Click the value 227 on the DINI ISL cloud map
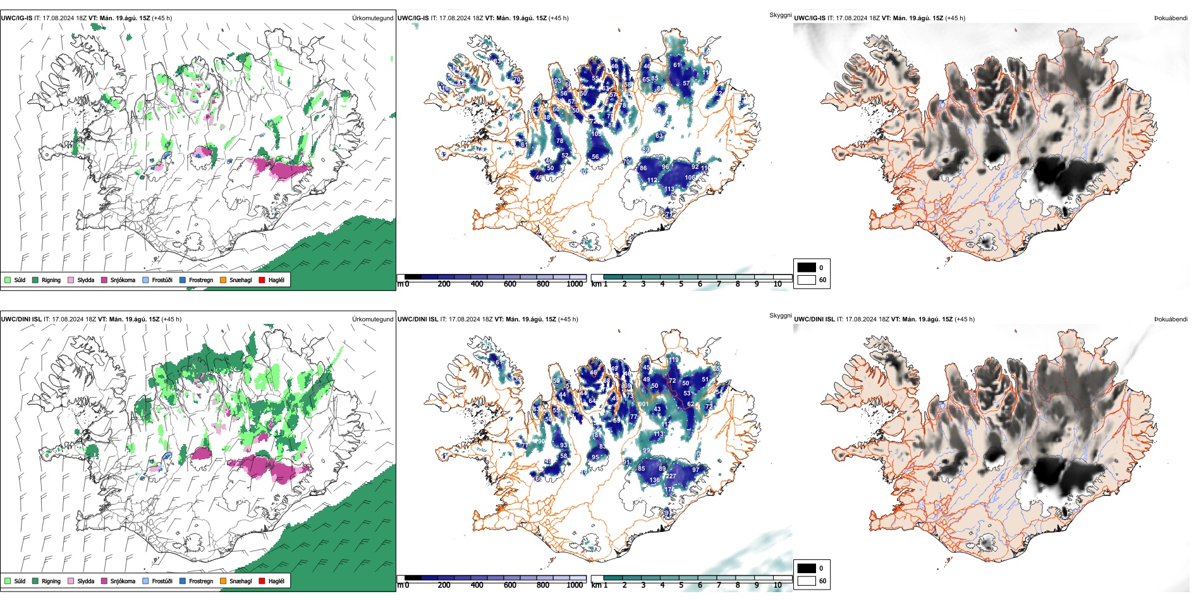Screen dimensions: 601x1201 pyautogui.click(x=671, y=476)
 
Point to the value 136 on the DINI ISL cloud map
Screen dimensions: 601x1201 pyautogui.click(x=654, y=480)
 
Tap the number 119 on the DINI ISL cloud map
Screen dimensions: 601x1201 pyautogui.click(x=674, y=360)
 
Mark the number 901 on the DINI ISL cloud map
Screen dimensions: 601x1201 pyautogui.click(x=643, y=404)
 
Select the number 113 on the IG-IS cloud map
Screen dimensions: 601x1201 pyautogui.click(x=669, y=189)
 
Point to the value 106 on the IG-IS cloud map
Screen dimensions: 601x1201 pyautogui.click(x=690, y=178)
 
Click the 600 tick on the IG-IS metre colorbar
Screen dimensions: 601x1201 pyautogui.click(x=510, y=284)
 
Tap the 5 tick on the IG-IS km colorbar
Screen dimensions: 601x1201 pyautogui.click(x=681, y=284)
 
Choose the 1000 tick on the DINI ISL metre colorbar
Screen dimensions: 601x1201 pyautogui.click(x=575, y=585)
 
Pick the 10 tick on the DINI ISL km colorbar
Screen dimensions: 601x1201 pyautogui.click(x=777, y=585)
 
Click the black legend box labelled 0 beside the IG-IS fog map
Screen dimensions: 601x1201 pyautogui.click(x=807, y=267)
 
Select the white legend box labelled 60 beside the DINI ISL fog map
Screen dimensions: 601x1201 pyautogui.click(x=807, y=580)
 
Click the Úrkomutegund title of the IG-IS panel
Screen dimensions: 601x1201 pyautogui.click(x=372, y=18)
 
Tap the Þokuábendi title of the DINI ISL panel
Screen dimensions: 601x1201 pyautogui.click(x=1171, y=319)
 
